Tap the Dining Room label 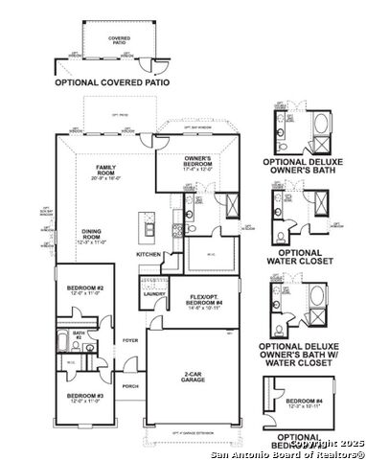(93, 233)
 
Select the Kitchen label (149, 254)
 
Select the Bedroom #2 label (85, 287)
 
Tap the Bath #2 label (81, 334)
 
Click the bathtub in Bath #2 (66, 345)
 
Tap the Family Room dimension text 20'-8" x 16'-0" (99, 178)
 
